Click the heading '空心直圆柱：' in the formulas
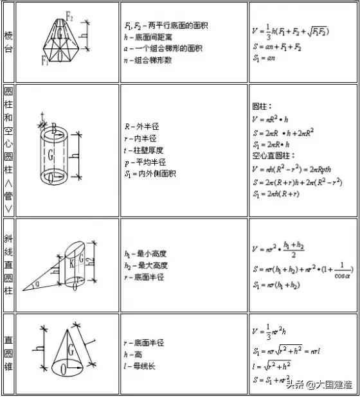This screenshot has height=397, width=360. click(x=273, y=155)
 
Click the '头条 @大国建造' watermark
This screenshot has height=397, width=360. click(x=319, y=385)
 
